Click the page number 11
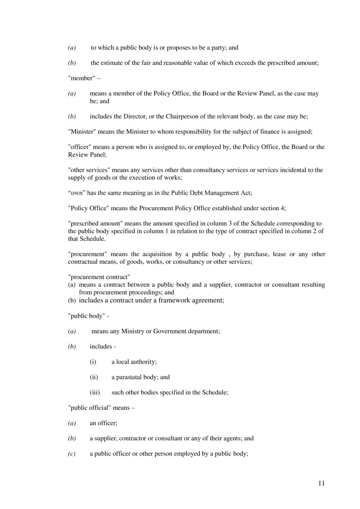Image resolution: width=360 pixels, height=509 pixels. pos(321,483)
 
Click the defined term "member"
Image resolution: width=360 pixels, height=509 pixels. pos(81,78)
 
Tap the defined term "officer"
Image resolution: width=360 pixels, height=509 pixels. pos(80,147)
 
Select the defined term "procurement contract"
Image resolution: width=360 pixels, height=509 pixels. pos(99,277)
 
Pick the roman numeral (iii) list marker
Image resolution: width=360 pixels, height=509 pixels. pos(95,392)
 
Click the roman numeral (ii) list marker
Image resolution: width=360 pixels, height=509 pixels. pos(94,377)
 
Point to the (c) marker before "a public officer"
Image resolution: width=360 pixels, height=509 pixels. pos(72,454)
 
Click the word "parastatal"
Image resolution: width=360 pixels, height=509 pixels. pos(129,377)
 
